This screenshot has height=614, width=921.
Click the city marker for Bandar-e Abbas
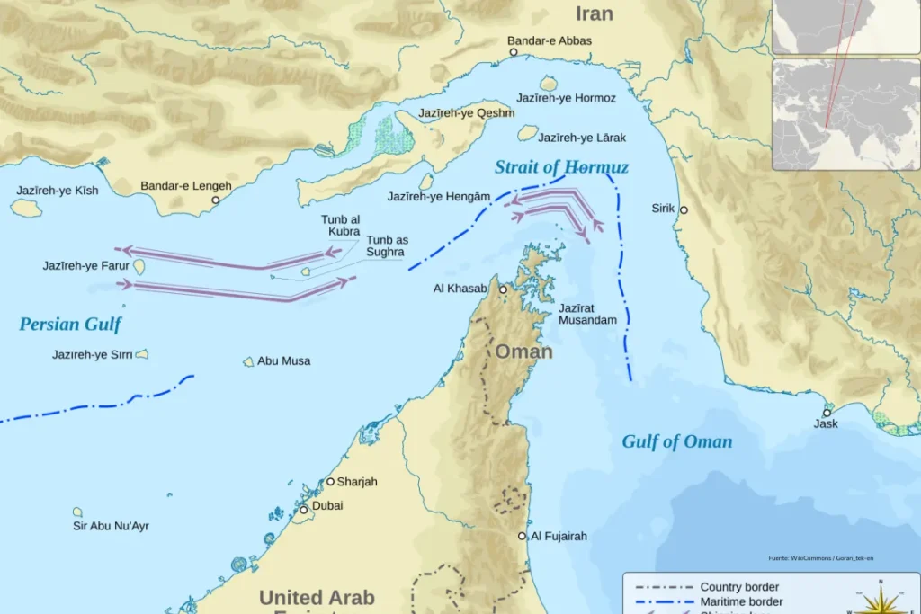click(514, 52)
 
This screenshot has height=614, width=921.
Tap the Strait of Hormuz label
click(561, 167)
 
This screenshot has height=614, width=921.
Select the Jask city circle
click(827, 412)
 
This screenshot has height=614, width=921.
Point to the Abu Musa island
click(248, 361)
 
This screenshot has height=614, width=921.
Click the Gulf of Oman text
click(676, 441)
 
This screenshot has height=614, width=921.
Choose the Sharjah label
click(357, 482)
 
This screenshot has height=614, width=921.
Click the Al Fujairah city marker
click(523, 536)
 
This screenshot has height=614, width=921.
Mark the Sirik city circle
click(684, 209)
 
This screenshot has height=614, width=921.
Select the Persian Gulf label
click(70, 325)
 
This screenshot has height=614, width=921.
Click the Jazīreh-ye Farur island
click(139, 266)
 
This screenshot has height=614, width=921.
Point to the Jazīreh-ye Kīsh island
click(26, 208)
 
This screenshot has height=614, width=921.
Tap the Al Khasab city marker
click(504, 289)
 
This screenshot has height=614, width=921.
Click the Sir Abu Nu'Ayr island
click(78, 512)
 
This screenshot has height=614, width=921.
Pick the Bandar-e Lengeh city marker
click(215, 200)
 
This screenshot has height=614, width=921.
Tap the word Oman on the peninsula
click(523, 351)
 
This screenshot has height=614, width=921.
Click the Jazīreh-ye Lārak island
click(527, 133)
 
